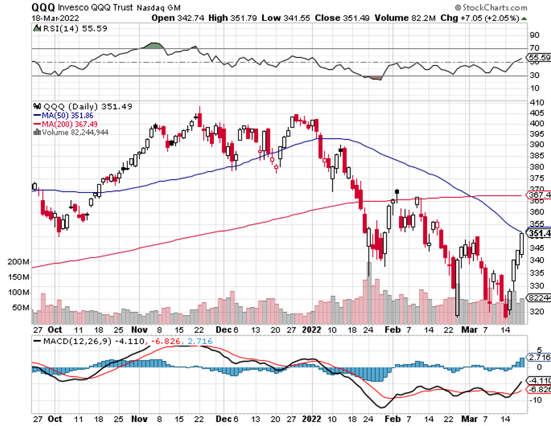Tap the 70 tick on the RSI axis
(533, 48)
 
